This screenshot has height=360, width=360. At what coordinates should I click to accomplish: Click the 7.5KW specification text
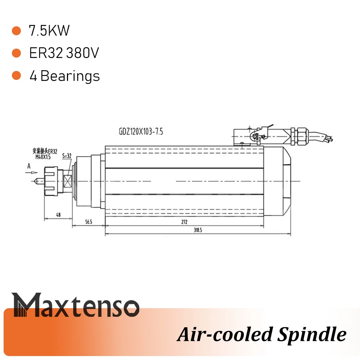[49, 31]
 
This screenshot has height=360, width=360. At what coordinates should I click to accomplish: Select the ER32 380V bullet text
[64, 53]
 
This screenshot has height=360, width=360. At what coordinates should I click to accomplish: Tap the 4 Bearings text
[64, 76]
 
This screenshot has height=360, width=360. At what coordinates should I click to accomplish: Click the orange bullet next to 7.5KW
[16, 31]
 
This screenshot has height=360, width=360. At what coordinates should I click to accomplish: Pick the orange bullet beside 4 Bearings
[16, 76]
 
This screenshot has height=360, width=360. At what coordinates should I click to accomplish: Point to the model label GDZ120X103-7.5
[141, 132]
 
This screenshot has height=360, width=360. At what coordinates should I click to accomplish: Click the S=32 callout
[67, 156]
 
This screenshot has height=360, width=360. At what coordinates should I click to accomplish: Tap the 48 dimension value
[58, 215]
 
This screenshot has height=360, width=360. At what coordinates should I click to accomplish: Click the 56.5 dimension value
[89, 222]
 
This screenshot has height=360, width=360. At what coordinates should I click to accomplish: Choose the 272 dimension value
[184, 222]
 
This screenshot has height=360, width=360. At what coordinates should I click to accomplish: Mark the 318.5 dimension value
[197, 230]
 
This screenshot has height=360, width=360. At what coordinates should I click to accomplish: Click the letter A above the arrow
[28, 166]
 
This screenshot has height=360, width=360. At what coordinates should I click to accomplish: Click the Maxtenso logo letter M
[28, 305]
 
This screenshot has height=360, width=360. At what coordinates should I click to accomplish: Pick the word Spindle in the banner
[311, 334]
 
